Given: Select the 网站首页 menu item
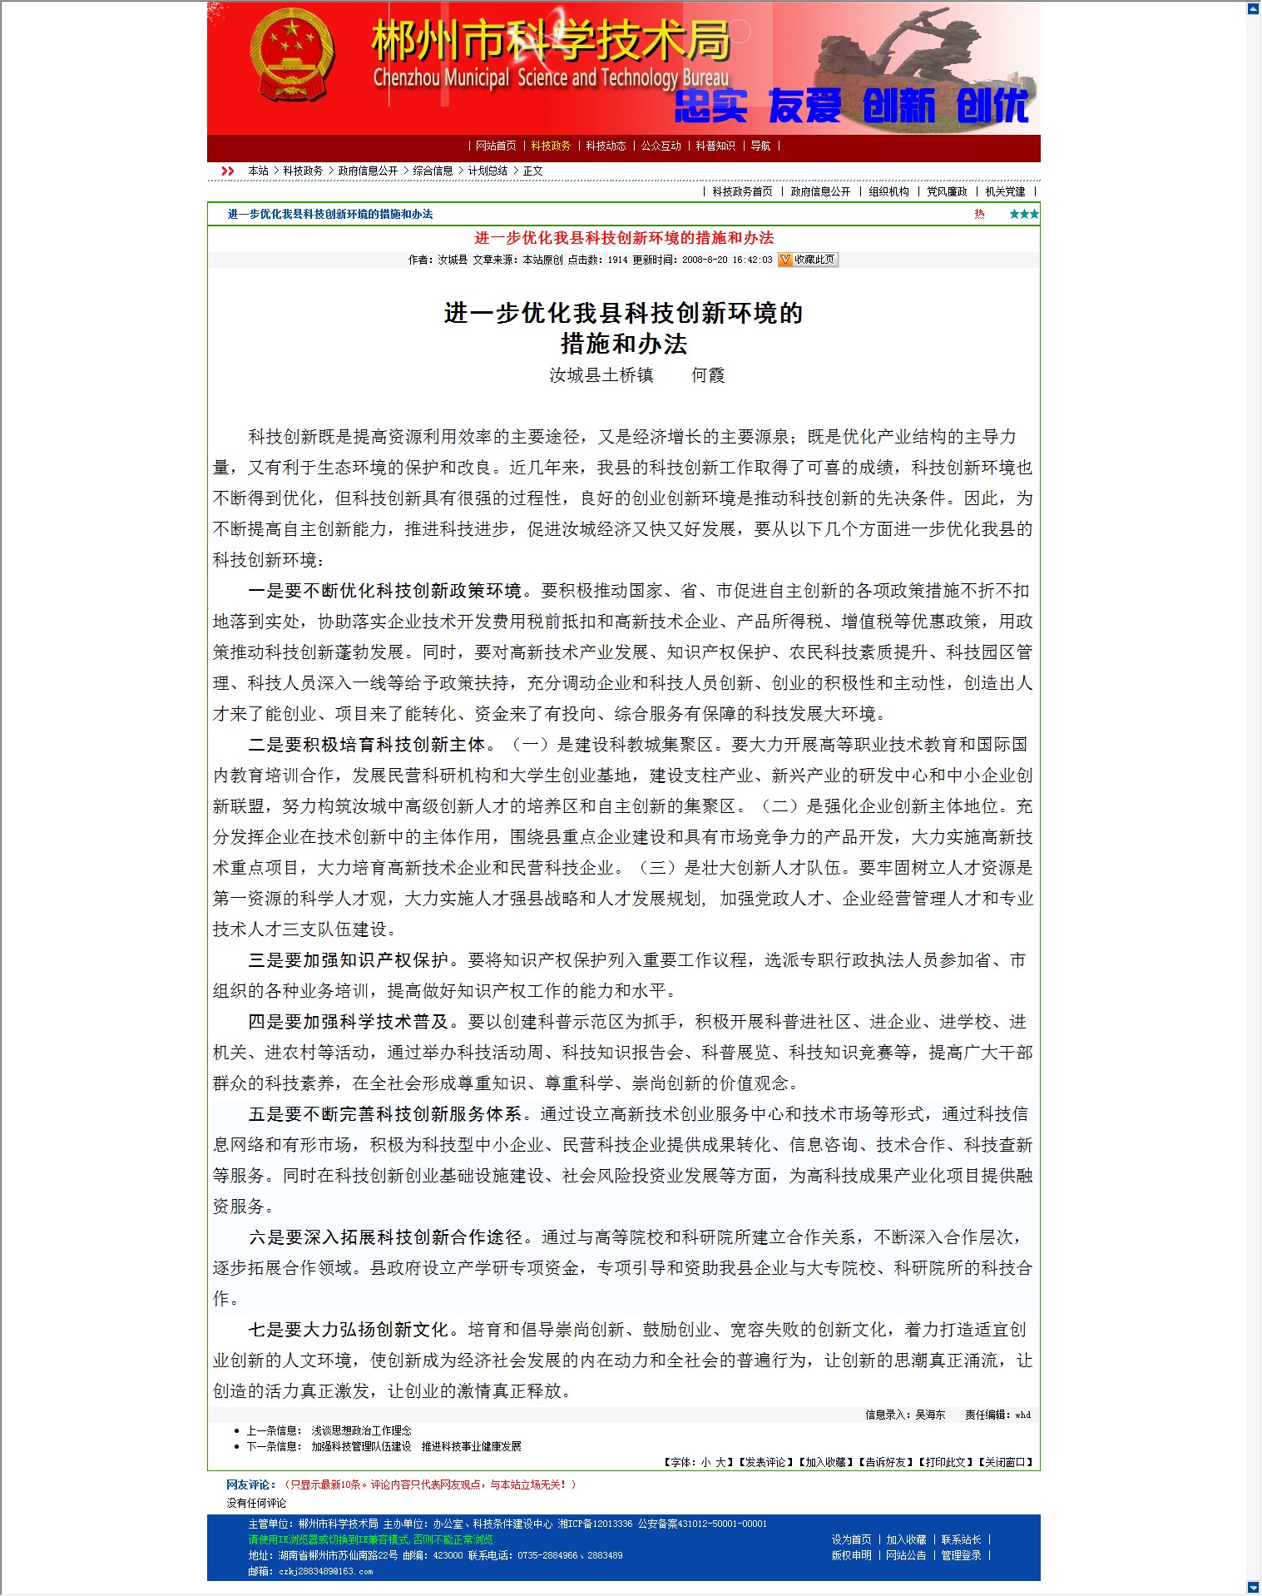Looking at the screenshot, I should click(x=496, y=146).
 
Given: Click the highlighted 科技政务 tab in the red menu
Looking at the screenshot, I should click(x=551, y=146).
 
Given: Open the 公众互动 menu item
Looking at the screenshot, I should click(x=661, y=146).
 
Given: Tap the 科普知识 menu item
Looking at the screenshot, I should click(x=715, y=146).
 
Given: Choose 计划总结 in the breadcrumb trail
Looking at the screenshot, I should click(x=487, y=171).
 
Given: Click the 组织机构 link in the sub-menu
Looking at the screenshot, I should click(x=888, y=191).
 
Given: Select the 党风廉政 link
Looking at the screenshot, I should click(x=947, y=191).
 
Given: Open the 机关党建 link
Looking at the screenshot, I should click(x=1005, y=191).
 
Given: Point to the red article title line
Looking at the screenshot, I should click(x=624, y=238).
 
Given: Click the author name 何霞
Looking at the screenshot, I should click(x=708, y=375).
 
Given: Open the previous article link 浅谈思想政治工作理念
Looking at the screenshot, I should click(x=361, y=1430).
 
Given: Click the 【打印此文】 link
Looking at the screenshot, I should click(x=947, y=1462).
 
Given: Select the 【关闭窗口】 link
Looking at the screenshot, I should click(x=1006, y=1462).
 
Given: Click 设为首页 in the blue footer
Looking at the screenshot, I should click(x=851, y=1539).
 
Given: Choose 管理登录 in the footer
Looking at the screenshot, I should click(x=961, y=1555).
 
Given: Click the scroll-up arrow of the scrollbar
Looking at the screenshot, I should click(x=1254, y=8).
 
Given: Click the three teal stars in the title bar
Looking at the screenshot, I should click(x=1023, y=214).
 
